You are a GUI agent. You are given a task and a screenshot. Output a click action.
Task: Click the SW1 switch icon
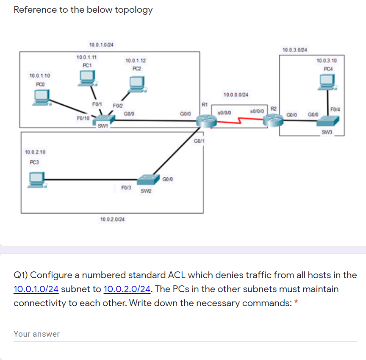click(105, 119)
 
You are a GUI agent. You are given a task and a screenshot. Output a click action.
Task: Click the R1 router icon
click(206, 121)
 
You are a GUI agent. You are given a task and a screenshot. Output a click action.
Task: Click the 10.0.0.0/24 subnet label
click(236, 95)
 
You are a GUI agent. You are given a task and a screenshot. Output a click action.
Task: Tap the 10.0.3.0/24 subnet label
click(295, 50)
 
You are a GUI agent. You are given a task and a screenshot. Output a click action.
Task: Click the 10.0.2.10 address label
click(36, 152)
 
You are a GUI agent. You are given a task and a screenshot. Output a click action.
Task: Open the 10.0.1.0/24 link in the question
click(36, 290)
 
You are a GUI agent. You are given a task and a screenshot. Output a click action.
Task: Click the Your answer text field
click(185, 334)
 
